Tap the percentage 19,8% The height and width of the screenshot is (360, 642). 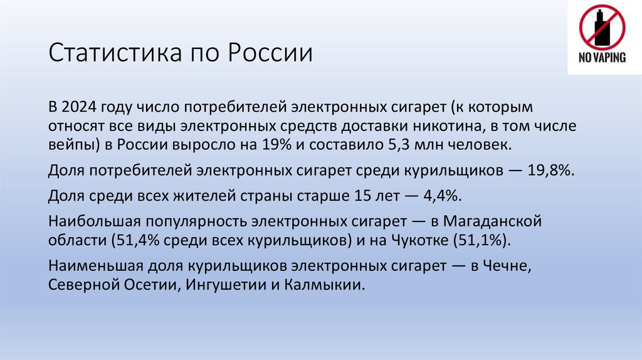pyautogui.click(x=551, y=170)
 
